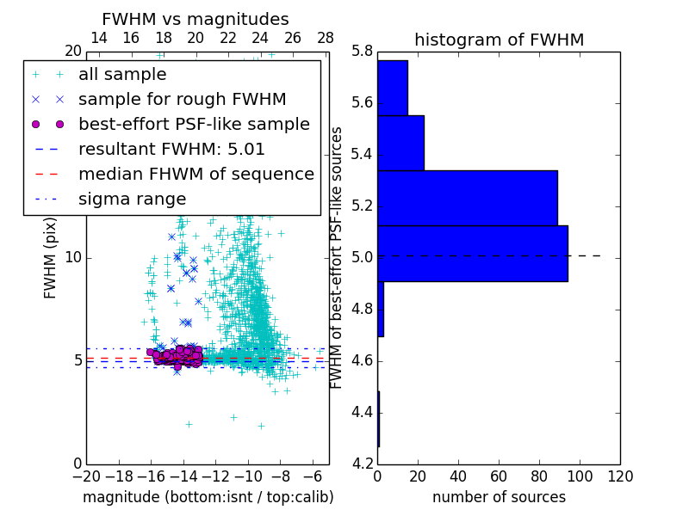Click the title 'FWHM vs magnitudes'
pyautogui.click(x=196, y=19)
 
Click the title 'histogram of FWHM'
pyautogui.click(x=499, y=40)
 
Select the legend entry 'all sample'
pyautogui.click(x=122, y=75)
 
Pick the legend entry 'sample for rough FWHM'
pyautogui.click(x=182, y=99)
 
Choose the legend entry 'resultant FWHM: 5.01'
pyautogui.click(x=171, y=149)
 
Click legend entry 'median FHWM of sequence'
pyautogui.click(x=196, y=174)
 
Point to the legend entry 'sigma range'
pyautogui.click(x=132, y=199)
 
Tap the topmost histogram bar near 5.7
pyautogui.click(x=392, y=88)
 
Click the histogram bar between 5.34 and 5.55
pyautogui.click(x=400, y=143)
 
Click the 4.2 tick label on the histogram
pyautogui.click(x=362, y=463)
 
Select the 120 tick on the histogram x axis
pyautogui.click(x=619, y=476)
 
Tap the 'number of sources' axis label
pyautogui.click(x=499, y=497)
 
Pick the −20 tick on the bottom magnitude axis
pyautogui.click(x=86, y=476)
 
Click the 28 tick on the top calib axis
pyautogui.click(x=326, y=38)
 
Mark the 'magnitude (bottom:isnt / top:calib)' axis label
pyautogui.click(x=208, y=497)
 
